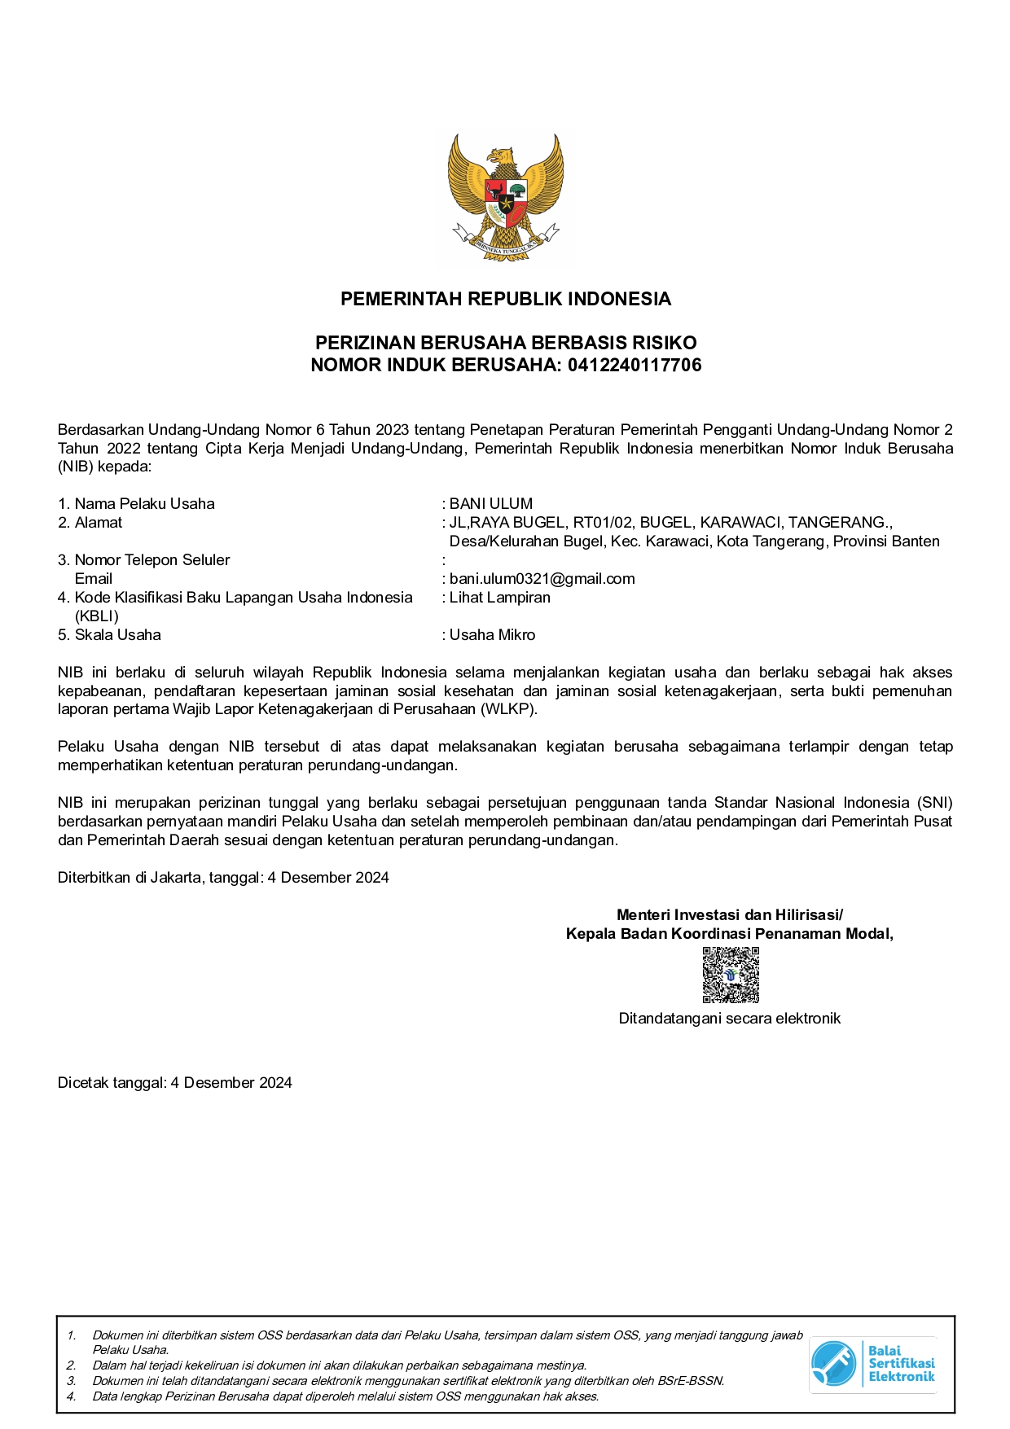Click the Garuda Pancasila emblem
505,198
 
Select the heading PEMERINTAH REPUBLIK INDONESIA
505,299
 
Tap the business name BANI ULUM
491,503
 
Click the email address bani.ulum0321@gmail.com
542,578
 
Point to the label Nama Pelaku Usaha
144,503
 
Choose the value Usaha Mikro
492,634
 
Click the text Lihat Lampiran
499,597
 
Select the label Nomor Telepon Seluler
151,559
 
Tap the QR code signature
731,975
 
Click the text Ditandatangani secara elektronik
729,1018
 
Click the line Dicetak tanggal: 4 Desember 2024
174,1082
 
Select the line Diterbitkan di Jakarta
223,877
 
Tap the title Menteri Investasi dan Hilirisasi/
729,914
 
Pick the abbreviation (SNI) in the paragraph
933,802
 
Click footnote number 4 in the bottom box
71,1396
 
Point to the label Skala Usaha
117,634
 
